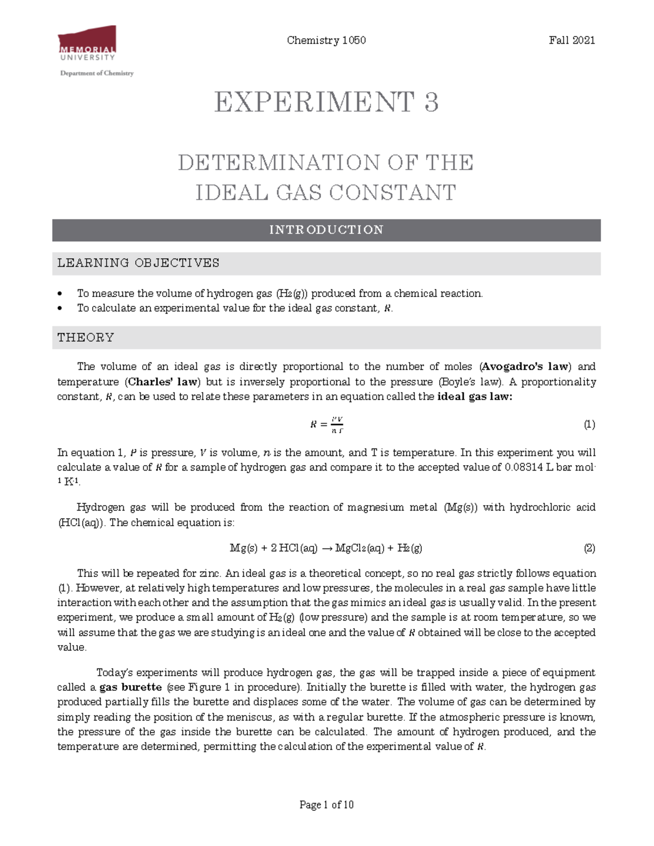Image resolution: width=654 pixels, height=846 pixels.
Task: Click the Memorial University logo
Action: [87, 44]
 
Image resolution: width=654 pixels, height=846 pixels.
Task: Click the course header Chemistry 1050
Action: [326, 40]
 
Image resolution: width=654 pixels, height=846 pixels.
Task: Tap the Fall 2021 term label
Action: [572, 40]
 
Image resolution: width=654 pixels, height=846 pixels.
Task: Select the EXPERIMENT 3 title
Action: [326, 102]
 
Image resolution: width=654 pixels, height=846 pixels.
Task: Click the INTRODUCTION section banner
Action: [326, 230]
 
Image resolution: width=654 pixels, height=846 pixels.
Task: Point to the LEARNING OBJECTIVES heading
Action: [138, 263]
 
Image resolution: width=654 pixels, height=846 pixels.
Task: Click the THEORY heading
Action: [86, 338]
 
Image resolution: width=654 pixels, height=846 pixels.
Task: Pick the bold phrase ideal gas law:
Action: [475, 397]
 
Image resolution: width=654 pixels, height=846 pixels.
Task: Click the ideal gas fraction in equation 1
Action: [337, 425]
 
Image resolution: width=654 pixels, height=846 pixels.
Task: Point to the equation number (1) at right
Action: [589, 425]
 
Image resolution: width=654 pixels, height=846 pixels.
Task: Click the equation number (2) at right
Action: [589, 549]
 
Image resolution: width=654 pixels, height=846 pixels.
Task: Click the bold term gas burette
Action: [131, 687]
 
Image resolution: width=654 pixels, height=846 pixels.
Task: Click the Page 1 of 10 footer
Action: [326, 805]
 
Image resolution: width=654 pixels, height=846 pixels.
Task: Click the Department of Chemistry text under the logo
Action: [96, 73]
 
